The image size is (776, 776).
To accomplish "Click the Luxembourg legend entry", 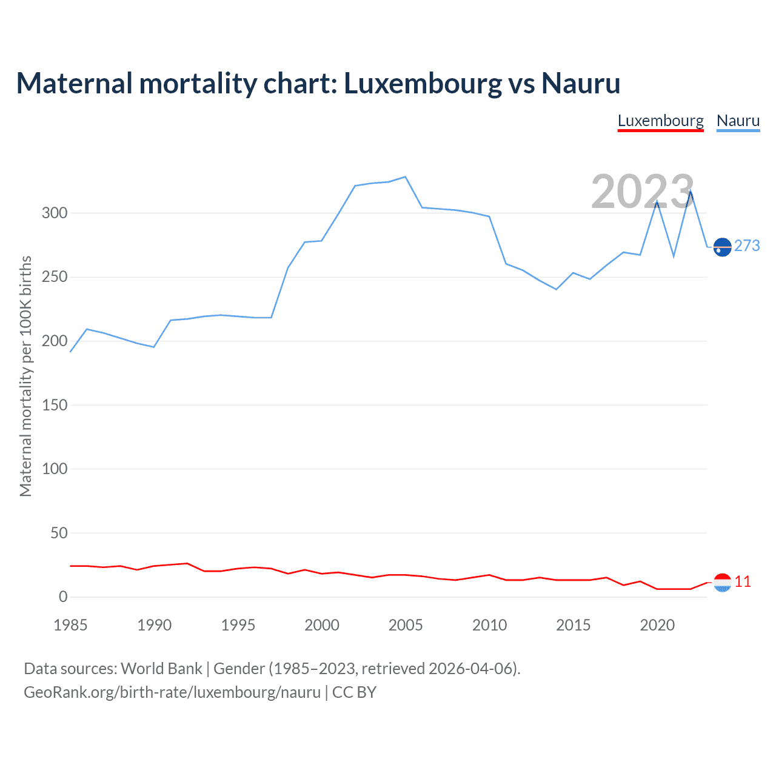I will (660, 121).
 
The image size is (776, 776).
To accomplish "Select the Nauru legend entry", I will (738, 121).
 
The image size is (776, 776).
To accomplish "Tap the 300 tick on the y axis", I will (55, 213).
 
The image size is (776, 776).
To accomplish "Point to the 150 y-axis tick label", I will (55, 405).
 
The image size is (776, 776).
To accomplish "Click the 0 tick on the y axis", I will (63, 597).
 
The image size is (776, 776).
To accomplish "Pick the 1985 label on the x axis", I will (70, 625).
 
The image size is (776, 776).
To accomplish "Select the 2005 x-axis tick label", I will (406, 625).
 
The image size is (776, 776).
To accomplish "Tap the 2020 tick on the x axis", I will (657, 625).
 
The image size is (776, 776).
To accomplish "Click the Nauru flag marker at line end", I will (722, 247).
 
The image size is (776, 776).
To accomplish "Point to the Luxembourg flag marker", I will (722, 583).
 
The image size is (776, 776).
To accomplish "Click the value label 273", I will (747, 246).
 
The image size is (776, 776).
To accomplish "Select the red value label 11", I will (743, 582).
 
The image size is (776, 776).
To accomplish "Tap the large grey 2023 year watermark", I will (642, 192).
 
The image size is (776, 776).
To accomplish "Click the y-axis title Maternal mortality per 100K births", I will (25, 376).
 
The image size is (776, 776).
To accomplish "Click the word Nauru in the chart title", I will (581, 83).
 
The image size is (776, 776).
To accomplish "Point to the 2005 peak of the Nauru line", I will (405, 177).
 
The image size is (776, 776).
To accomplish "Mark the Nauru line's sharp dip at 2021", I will (674, 256).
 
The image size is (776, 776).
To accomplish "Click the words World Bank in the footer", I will (161, 669).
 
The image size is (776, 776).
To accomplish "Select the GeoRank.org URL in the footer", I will (172, 692).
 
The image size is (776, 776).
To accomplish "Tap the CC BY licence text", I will (354, 692).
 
